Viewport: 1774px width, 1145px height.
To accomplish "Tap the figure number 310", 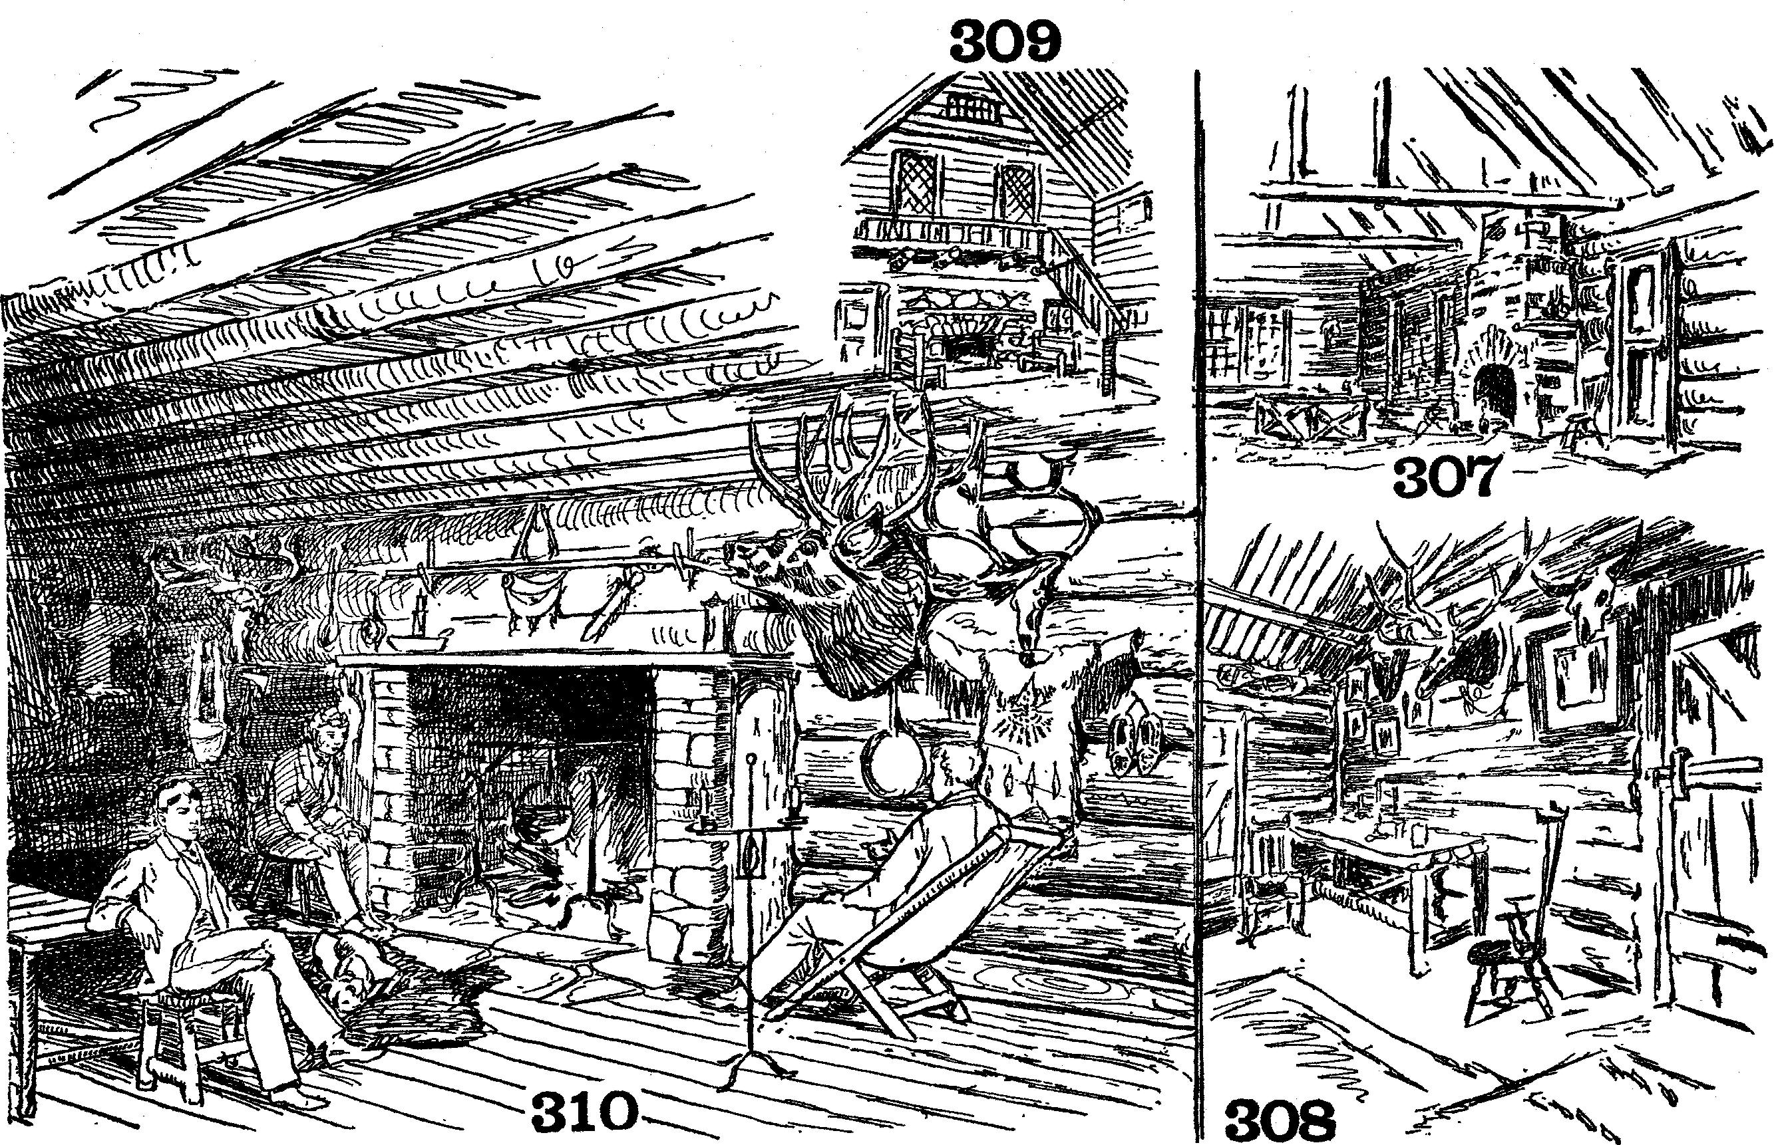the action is [x=586, y=1112].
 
